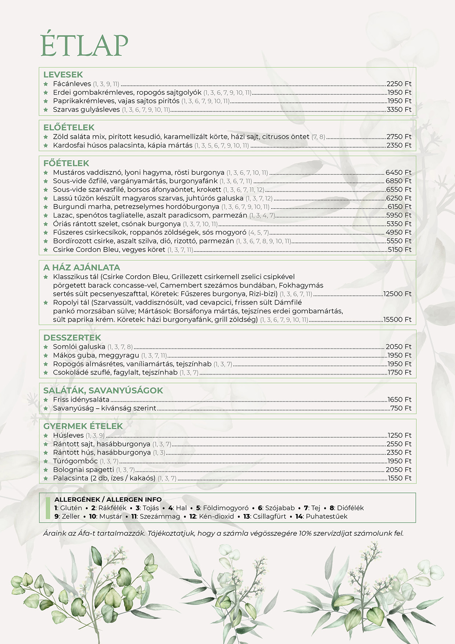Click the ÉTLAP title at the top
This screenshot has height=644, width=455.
84,45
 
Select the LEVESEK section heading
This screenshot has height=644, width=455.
63,75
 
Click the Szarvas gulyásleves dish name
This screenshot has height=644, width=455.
86,109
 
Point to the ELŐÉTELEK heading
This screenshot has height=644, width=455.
69,127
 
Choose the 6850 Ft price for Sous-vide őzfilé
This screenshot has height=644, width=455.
398,181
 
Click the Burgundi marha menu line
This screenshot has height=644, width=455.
136,207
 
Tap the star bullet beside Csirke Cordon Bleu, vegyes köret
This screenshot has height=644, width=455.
46,250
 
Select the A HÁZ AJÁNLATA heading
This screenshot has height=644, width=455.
81,267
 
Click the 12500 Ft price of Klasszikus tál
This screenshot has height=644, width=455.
397,294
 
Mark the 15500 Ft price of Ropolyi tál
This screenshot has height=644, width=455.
397,319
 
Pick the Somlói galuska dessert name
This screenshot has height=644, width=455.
79,347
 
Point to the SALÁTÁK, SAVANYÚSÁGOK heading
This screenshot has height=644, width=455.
103,390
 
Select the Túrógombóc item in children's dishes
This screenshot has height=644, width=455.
75,461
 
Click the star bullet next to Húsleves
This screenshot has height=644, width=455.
46,435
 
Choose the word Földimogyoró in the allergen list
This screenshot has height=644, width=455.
226,508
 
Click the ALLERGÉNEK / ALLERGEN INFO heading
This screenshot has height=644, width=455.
108,499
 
